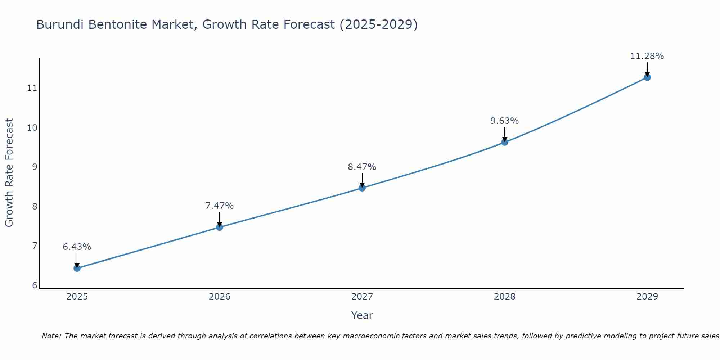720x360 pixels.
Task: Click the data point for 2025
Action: (77, 268)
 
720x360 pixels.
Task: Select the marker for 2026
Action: (220, 227)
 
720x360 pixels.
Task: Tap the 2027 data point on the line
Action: (362, 188)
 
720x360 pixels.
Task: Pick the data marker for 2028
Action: (505, 142)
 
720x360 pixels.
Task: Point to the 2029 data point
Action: (647, 77)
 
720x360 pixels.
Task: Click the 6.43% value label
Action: (77, 247)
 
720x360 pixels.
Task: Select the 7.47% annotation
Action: (220, 206)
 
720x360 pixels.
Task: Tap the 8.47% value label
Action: (362, 167)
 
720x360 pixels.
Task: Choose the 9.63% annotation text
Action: (505, 121)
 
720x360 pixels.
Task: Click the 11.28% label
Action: (647, 56)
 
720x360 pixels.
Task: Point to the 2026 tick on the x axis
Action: (220, 297)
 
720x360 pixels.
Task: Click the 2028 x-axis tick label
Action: (505, 297)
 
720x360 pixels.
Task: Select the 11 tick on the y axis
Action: (32, 88)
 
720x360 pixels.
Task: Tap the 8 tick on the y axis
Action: (35, 207)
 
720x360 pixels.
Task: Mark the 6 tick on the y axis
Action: (35, 285)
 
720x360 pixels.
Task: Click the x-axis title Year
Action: (362, 315)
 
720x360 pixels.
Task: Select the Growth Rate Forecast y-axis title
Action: (9, 173)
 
